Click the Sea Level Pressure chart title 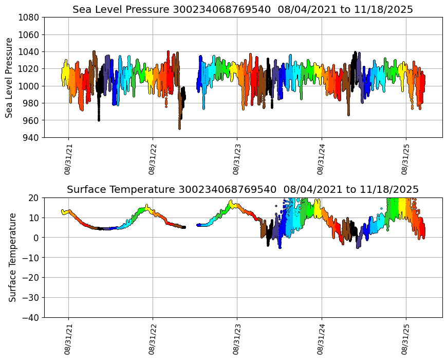[243, 10]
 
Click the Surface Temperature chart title [243, 190]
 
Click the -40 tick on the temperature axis [31, 318]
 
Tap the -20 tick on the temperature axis [31, 278]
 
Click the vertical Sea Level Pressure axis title [10, 77]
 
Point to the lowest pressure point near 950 [179, 128]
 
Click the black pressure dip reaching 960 [99, 119]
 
